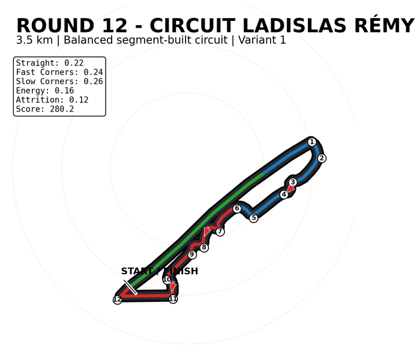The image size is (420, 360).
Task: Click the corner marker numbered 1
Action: point(311,142)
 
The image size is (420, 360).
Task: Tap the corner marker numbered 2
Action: point(322,158)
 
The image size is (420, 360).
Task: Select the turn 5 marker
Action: point(253,218)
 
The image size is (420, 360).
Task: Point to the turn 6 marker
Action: point(236,208)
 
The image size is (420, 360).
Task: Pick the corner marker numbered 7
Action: point(220,232)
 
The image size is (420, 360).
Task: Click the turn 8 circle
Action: point(204,247)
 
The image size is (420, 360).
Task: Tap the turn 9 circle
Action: point(191,254)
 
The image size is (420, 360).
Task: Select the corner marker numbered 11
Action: point(173,299)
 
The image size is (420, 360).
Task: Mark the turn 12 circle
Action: point(118,300)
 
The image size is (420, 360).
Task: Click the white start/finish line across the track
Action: point(130,287)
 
